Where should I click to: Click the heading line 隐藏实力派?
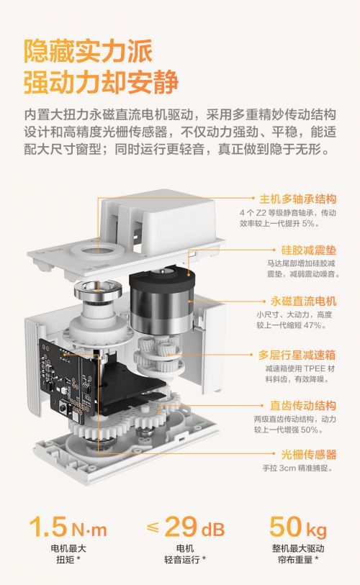(88, 51)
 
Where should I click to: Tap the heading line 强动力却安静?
(102, 82)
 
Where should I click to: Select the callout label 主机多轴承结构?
(297, 199)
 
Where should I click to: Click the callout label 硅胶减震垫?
(308, 250)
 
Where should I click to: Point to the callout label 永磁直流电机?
(303, 301)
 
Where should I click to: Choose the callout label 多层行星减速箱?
(297, 355)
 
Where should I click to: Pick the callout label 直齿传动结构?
(303, 406)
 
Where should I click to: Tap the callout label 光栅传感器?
(308, 455)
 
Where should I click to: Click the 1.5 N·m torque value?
(68, 527)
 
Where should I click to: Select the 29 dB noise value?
(186, 527)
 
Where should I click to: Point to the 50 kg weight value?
(297, 527)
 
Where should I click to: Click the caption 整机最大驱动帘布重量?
(297, 554)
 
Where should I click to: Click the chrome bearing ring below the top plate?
(98, 289)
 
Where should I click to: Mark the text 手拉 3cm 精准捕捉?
(297, 468)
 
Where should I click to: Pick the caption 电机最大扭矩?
(68, 554)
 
